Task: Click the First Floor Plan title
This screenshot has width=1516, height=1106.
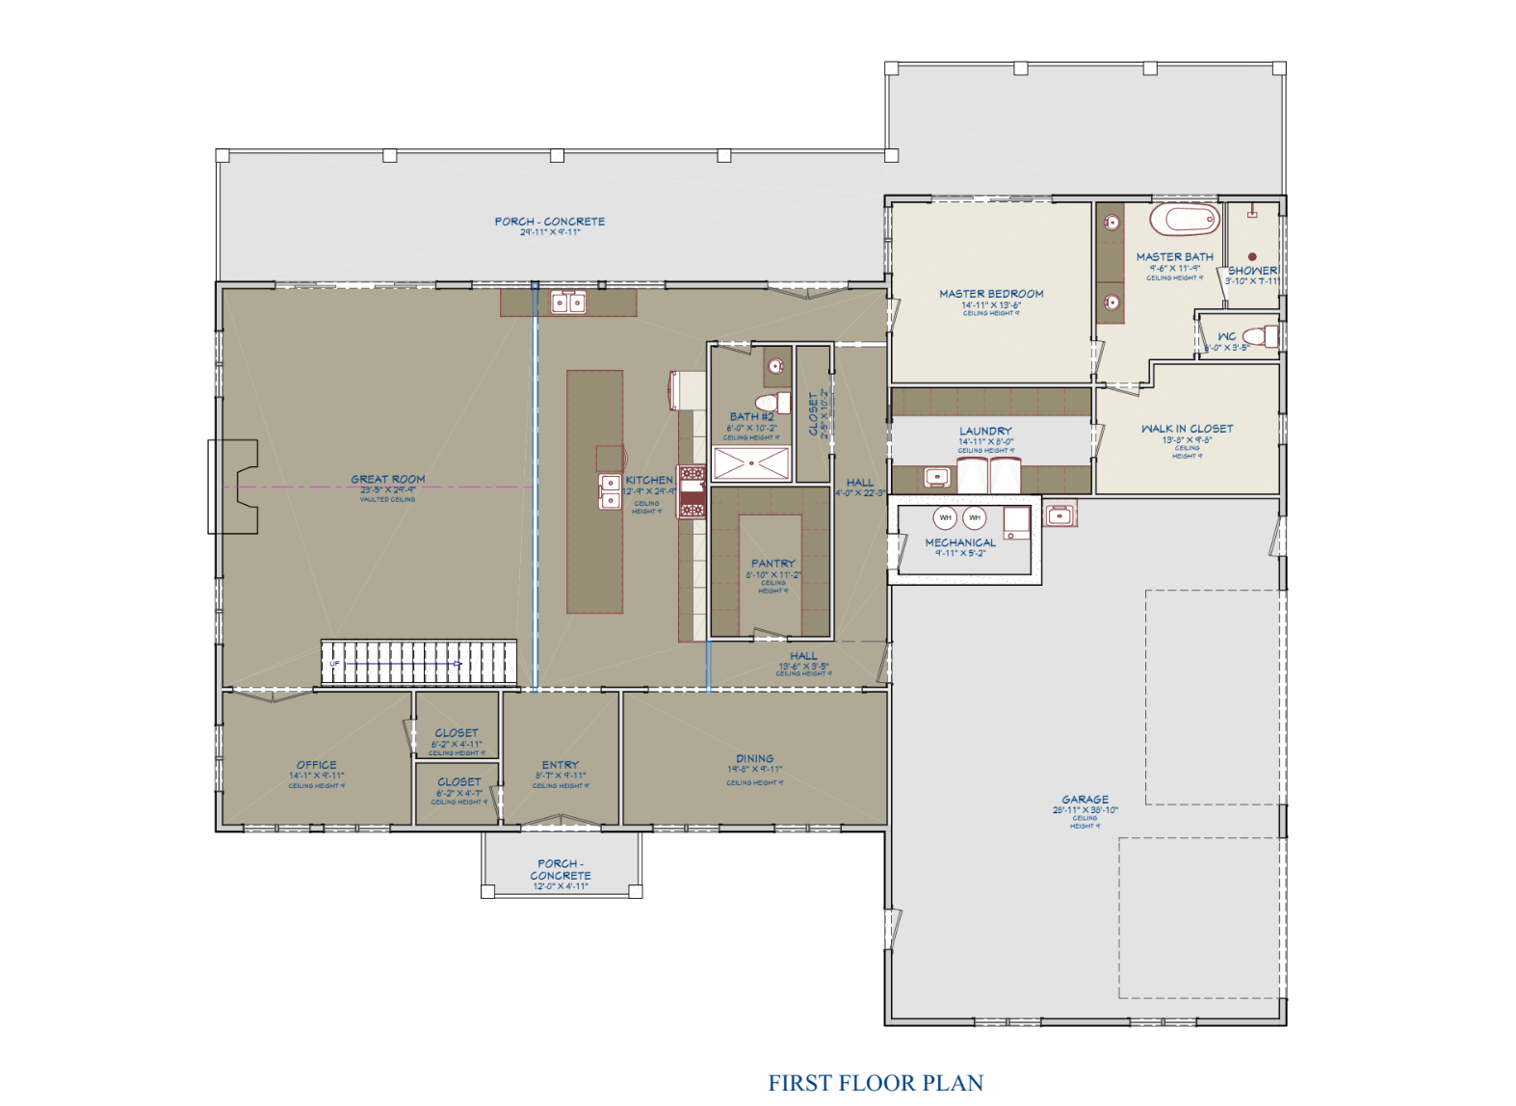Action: click(x=875, y=1083)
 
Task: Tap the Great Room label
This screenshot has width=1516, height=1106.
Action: click(x=387, y=479)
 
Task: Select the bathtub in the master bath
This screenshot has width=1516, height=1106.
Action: click(x=1184, y=220)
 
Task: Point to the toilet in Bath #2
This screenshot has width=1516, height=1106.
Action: click(x=771, y=402)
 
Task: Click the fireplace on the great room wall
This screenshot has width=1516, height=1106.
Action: click(x=234, y=487)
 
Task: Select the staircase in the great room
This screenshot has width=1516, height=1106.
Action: click(x=418, y=663)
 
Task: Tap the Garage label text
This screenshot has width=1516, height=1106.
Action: click(x=1085, y=800)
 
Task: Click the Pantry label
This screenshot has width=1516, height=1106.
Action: click(x=772, y=564)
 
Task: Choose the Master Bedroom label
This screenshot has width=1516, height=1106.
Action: click(x=991, y=294)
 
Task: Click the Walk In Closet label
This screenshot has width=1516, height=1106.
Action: click(x=1187, y=429)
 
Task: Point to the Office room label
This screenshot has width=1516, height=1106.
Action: click(x=317, y=765)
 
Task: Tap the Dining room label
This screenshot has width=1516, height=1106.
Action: click(x=754, y=759)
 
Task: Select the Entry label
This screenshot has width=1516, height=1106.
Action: click(x=560, y=765)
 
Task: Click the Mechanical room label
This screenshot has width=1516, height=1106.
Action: click(x=960, y=543)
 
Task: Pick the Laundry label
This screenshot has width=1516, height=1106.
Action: click(x=985, y=432)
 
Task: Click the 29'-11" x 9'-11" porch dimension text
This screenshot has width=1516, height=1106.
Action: click(x=550, y=232)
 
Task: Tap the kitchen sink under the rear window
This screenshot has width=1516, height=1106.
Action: click(x=567, y=303)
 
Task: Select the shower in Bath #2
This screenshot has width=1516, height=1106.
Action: click(x=751, y=463)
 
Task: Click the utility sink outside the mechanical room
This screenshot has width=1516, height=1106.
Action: click(x=1059, y=515)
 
